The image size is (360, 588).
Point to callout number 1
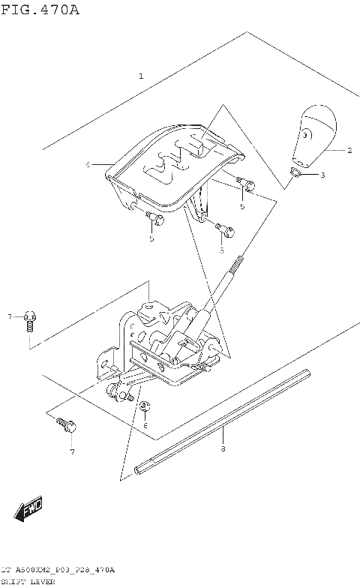click(x=140, y=76)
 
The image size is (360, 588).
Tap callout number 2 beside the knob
click(x=349, y=150)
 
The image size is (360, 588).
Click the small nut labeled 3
click(x=296, y=175)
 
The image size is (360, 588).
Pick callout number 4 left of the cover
click(x=87, y=164)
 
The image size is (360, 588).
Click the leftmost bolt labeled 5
click(x=155, y=217)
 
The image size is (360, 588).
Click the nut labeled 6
click(x=145, y=407)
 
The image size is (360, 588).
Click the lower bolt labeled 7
click(x=66, y=426)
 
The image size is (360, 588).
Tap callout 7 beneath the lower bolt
click(x=72, y=451)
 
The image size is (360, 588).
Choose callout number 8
click(x=223, y=449)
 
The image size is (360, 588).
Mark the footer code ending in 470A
click(x=58, y=571)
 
